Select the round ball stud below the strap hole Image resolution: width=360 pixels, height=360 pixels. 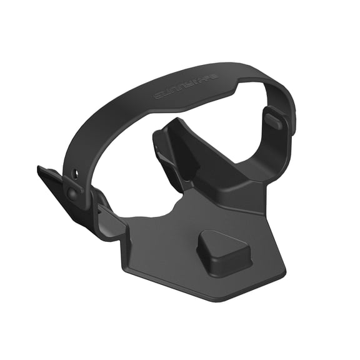(73, 193)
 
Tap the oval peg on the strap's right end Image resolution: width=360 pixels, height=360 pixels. (272, 120)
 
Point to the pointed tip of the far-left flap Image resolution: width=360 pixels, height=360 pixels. (39, 168)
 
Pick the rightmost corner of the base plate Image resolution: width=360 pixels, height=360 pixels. (284, 273)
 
